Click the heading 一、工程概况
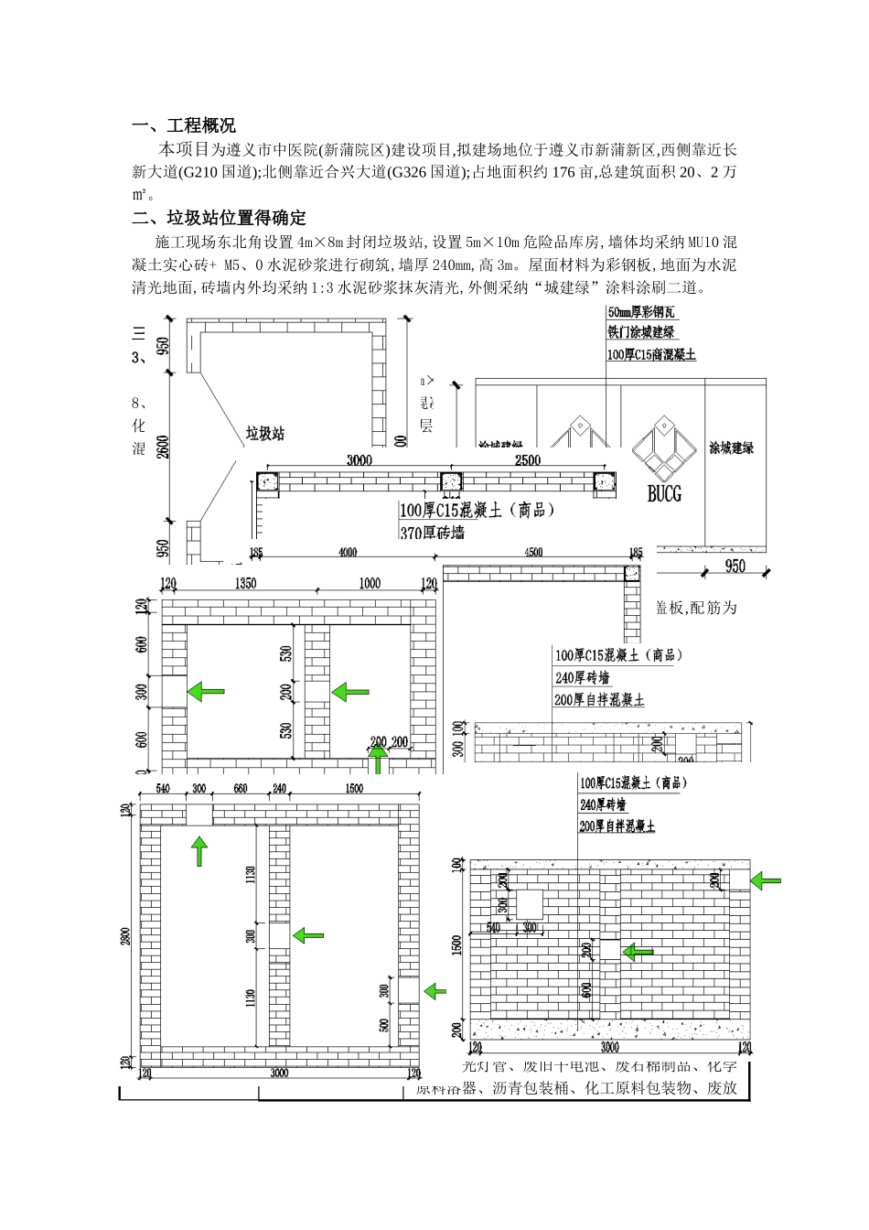pos(184,126)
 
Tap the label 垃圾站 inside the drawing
pos(264,433)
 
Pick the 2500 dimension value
pos(528,460)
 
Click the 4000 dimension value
pos(348,552)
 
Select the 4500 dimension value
pos(533,552)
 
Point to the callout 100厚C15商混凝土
pos(650,354)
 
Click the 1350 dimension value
pos(246,583)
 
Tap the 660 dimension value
pos(241,788)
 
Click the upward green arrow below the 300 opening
pos(199,852)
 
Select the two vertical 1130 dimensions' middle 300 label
pos(252,936)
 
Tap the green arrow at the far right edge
pos(766,880)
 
